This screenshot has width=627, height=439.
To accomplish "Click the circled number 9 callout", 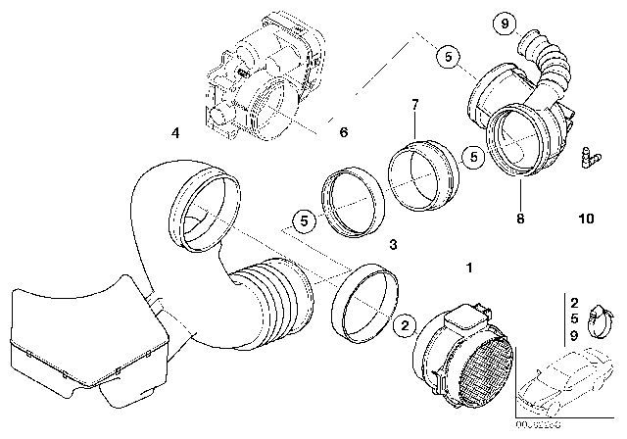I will pos(504,21).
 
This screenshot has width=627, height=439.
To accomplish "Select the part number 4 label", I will pos(173,130).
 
